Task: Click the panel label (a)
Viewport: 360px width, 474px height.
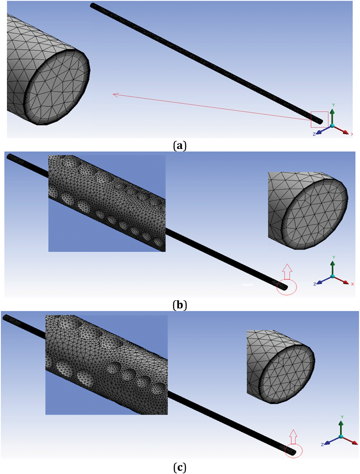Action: (180, 146)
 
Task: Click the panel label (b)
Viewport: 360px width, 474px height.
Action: (180, 305)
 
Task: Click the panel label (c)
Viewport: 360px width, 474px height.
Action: (180, 467)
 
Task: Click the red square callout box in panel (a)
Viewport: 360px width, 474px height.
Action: (319, 119)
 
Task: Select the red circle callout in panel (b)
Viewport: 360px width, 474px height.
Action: (287, 287)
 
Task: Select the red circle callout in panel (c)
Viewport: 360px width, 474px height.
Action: (294, 451)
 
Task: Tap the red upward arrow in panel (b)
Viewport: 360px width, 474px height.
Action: (287, 271)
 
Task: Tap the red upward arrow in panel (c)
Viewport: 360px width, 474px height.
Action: (293, 437)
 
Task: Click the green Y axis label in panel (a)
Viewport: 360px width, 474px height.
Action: (333, 105)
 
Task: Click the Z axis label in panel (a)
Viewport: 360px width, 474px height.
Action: (314, 134)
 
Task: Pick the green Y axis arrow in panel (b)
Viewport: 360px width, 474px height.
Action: (333, 267)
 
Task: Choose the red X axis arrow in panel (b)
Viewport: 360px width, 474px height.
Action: (343, 280)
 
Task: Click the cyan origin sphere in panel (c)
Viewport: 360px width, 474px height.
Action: (341, 436)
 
